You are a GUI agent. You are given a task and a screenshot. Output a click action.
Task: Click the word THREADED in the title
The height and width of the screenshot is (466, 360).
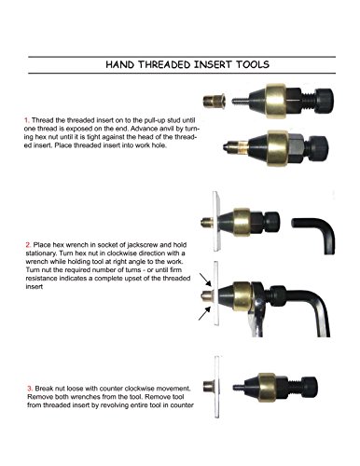[x=164, y=64]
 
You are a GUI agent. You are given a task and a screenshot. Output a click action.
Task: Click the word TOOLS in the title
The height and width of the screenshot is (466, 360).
[x=253, y=64]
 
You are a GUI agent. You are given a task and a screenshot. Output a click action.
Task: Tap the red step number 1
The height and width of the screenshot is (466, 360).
[x=27, y=120]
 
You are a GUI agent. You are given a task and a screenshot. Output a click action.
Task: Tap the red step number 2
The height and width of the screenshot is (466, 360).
[x=28, y=245]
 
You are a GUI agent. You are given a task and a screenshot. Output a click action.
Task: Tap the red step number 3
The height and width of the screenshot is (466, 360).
[x=30, y=389]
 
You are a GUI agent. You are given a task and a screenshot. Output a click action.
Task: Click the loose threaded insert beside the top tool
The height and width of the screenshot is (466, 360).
[x=215, y=101]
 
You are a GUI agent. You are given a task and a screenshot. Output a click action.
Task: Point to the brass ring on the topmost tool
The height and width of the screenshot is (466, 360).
[x=275, y=101]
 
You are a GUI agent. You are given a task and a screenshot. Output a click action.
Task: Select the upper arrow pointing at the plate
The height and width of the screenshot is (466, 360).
[x=205, y=280]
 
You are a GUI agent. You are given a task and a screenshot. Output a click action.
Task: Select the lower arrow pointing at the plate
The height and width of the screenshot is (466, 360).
[x=205, y=313]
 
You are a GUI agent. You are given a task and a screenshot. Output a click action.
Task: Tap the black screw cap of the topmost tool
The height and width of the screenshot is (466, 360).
[x=325, y=101]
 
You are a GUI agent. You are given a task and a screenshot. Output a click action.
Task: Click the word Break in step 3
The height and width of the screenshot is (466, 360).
[x=43, y=389]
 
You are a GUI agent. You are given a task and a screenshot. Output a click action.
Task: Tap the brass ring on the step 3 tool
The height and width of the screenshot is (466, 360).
[x=267, y=388]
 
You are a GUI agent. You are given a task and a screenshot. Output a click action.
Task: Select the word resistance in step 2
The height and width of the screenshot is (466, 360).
[x=42, y=279]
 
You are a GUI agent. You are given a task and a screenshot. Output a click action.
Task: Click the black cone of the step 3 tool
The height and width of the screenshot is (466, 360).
[x=251, y=388]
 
